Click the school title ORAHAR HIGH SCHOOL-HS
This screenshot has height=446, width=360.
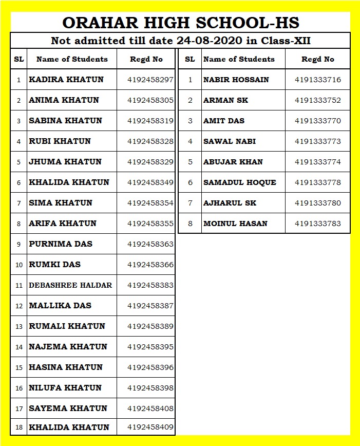point(180,23)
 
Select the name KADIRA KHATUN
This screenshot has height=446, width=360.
point(66,80)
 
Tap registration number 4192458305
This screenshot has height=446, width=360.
point(150,100)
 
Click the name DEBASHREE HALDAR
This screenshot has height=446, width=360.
point(70,285)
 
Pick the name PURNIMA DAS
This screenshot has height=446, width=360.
point(61,244)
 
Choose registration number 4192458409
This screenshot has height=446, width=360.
point(150,427)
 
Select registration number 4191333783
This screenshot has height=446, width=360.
point(318,224)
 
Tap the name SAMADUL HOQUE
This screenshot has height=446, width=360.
point(240,182)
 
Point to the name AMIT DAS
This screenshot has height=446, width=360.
point(224,121)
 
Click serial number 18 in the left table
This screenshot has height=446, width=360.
point(19,428)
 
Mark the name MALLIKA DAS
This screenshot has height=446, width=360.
point(60,306)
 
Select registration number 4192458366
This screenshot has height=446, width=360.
point(150,265)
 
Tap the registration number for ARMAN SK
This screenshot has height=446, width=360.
point(318,100)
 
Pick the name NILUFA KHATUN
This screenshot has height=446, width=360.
point(65,388)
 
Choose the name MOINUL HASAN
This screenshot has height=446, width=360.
point(236,224)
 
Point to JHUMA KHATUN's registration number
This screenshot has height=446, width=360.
point(150,162)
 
